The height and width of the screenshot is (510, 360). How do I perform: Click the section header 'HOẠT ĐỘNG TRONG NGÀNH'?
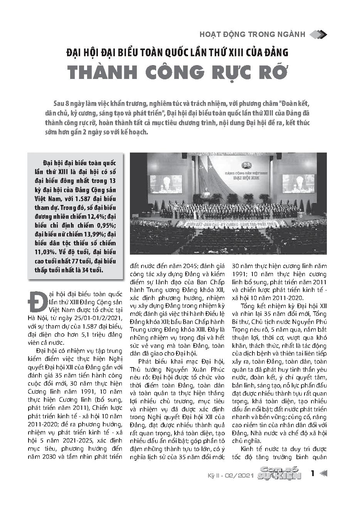(252, 34)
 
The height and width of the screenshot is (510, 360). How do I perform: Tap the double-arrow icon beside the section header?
(318, 34)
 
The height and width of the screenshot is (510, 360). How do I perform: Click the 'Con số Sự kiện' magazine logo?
(280, 474)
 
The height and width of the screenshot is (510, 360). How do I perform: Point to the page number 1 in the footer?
(313, 473)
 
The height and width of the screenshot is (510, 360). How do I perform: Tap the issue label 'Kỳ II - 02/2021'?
(230, 476)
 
